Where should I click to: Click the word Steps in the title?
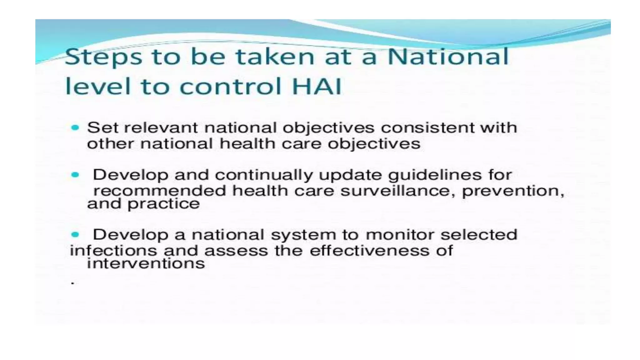(103, 57)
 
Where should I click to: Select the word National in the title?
(448, 57)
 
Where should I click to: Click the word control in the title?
(231, 86)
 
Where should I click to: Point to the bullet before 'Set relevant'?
(75, 127)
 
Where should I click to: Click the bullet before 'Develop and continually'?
(75, 175)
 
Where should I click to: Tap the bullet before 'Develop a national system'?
(75, 234)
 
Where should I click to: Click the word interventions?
(146, 264)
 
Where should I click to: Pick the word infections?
(113, 251)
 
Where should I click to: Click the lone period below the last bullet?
(73, 283)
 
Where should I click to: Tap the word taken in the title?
(275, 57)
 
